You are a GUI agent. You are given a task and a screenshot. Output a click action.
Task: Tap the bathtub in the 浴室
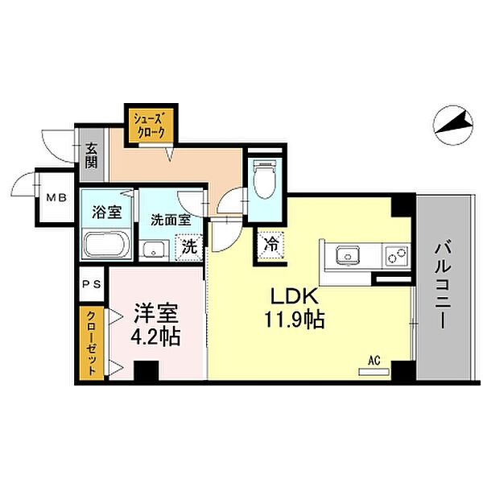pos(105,245)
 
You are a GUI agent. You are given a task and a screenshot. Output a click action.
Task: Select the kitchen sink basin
pos(348,255)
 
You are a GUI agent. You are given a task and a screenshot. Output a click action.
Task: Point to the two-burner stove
pos(397,255)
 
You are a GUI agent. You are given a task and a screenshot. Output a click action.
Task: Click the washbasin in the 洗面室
pos(154,250)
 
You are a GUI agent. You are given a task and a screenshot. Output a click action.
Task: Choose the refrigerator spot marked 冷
pos(271,246)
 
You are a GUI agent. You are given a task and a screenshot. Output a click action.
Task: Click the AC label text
pos(374,360)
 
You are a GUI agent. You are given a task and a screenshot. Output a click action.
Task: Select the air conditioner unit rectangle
pos(374,372)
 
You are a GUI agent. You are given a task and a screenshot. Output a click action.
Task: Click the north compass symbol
pos(452,126)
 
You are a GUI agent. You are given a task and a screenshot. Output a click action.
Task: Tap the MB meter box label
pos(56,197)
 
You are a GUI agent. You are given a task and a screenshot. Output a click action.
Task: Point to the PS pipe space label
pos(92,284)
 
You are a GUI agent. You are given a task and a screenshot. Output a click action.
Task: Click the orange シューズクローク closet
pos(150,125)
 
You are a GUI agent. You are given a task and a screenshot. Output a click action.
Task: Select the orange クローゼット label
pos(91,343)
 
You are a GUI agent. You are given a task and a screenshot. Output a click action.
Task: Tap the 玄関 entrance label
pos(91,156)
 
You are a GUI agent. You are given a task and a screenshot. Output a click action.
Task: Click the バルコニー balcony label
pos(444,286)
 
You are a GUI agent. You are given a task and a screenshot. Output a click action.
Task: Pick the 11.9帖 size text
pos(294,320)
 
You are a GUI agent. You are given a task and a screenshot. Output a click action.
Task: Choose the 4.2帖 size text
pos(156,336)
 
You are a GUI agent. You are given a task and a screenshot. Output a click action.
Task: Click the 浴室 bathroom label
pos(107,212)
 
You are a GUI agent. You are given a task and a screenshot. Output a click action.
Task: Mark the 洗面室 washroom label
pos(171,220)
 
